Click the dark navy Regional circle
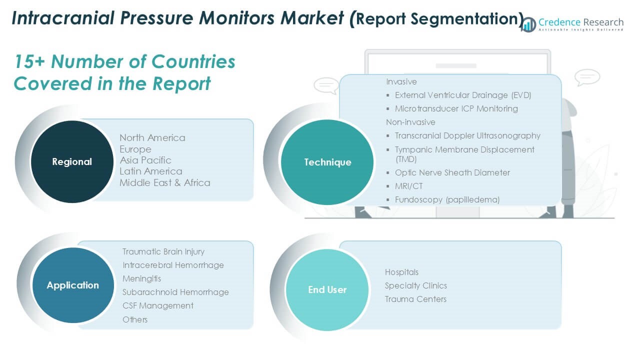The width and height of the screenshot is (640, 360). tap(72, 161)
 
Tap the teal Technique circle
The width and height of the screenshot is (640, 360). tap(327, 162)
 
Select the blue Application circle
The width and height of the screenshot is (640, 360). tap(73, 285)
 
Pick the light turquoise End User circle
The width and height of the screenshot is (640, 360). tap(327, 289)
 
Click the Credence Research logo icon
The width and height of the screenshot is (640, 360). tap(528, 24)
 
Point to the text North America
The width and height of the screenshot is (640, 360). tap(152, 137)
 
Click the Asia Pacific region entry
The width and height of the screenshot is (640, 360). tap(145, 160)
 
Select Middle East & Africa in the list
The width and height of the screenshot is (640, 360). tap(165, 182)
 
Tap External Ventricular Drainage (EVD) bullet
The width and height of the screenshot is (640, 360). tap(463, 95)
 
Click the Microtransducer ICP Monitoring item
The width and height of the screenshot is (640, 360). tap(456, 108)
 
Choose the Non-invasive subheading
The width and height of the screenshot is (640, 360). tap(410, 122)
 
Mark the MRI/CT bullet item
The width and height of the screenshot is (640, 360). tap(408, 186)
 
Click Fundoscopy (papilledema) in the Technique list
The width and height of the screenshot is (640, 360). tap(447, 199)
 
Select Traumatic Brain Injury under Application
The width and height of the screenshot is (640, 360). tap(163, 251)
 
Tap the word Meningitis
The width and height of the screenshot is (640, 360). tap(141, 278)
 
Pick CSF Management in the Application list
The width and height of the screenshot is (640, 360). tap(158, 305)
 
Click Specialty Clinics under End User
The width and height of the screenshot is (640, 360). tap(415, 285)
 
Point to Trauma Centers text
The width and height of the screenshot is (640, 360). tap(415, 299)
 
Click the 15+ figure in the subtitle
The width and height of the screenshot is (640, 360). tap(29, 61)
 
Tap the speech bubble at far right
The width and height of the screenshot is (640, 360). tap(587, 77)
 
